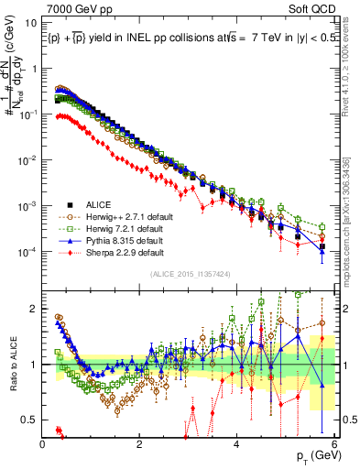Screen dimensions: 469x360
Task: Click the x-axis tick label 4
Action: point(237,444)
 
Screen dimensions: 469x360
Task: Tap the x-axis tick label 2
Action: point(139,444)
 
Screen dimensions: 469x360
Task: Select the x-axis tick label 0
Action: point(42,444)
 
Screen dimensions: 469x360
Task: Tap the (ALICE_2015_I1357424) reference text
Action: point(182,273)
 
